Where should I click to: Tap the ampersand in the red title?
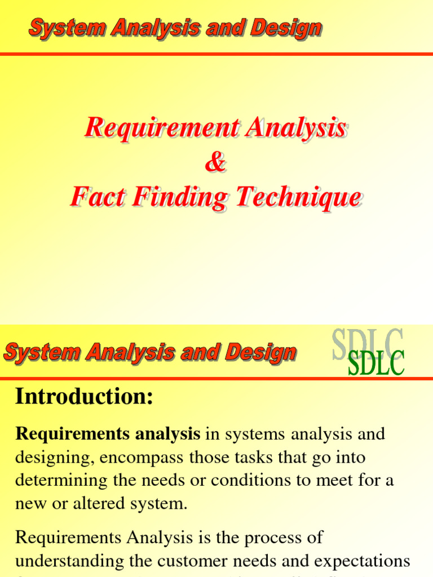point(215,163)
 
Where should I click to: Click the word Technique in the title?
point(299,198)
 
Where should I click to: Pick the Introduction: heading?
point(84,397)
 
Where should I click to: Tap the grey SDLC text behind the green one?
point(367,341)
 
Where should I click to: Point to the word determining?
point(59,481)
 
